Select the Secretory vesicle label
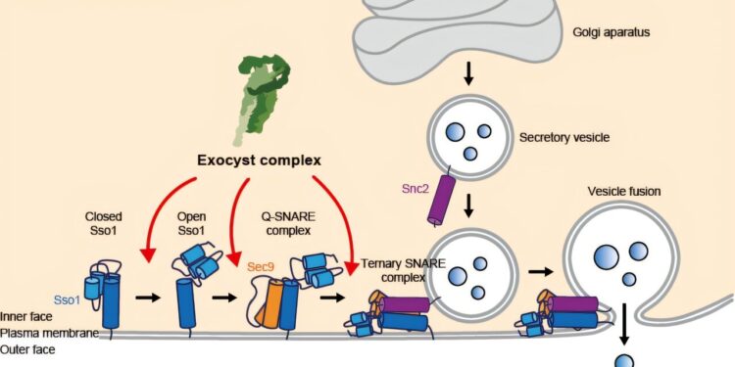tap(564, 137)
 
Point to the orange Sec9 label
tap(260, 265)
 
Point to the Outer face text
tap(27, 348)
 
